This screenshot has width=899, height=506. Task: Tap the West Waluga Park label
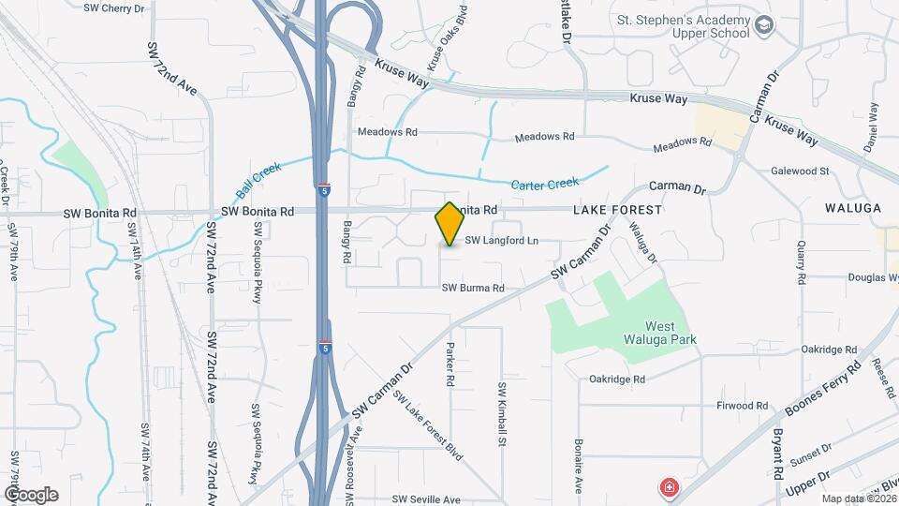pyautogui.click(x=653, y=330)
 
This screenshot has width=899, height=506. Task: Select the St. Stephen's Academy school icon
pyautogui.click(x=764, y=24)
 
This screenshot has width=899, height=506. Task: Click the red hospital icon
pyautogui.click(x=670, y=487)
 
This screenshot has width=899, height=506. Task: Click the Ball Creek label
pyautogui.click(x=258, y=181)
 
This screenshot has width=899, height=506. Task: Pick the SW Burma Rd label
pyautogui.click(x=474, y=289)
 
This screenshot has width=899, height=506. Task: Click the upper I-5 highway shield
pyautogui.click(x=323, y=187)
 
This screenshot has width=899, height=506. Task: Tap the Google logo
pyautogui.click(x=30, y=494)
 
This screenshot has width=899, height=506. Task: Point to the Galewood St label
pyautogui.click(x=801, y=171)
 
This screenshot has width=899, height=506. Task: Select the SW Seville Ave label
pyautogui.click(x=426, y=499)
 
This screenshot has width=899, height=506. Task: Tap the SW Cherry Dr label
pyautogui.click(x=117, y=7)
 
